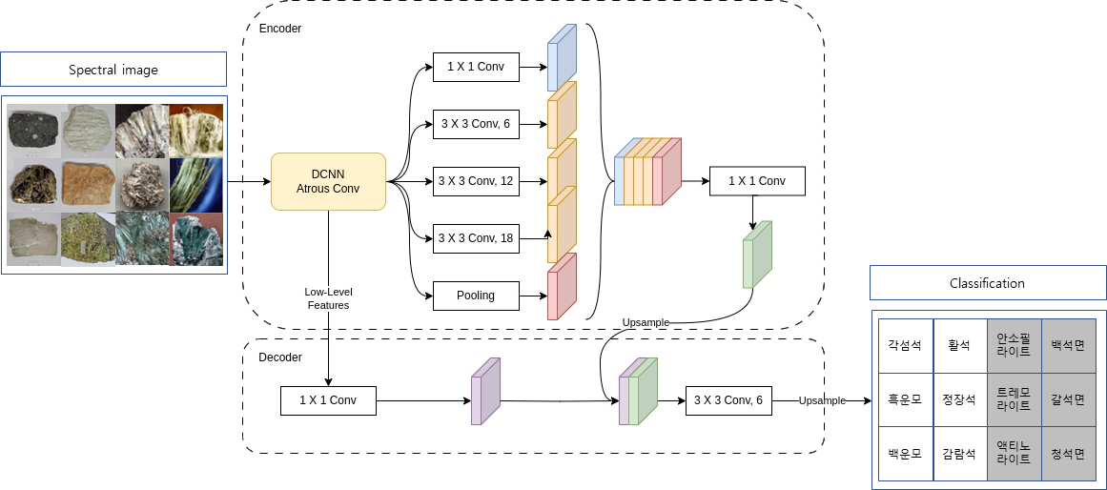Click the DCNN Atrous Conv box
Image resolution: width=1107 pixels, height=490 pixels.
click(328, 181)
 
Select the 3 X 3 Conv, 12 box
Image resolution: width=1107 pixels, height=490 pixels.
click(475, 181)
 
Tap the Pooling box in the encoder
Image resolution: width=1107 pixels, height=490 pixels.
click(475, 296)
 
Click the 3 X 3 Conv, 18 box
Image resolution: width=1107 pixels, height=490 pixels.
click(475, 238)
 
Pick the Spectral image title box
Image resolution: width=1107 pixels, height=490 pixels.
click(113, 70)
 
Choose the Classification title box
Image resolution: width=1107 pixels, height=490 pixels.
click(987, 283)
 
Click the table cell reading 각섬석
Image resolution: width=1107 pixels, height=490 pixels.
click(905, 345)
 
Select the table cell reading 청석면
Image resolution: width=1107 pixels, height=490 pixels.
click(1068, 454)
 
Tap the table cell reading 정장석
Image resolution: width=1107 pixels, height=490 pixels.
click(959, 399)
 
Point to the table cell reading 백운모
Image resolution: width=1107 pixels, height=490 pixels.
click(905, 454)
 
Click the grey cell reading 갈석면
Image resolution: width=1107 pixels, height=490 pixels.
click(1068, 399)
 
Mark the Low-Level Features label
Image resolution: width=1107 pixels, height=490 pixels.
click(327, 298)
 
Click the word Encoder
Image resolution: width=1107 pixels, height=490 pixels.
click(280, 29)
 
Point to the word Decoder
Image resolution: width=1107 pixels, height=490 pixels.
click(280, 357)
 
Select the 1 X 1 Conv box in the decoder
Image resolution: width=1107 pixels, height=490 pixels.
click(328, 400)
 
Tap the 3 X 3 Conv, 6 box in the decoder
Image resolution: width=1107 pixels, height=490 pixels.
click(728, 400)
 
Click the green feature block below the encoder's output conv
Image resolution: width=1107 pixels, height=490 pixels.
click(756, 255)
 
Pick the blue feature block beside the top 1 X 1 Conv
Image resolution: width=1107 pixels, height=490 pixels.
click(562, 59)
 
